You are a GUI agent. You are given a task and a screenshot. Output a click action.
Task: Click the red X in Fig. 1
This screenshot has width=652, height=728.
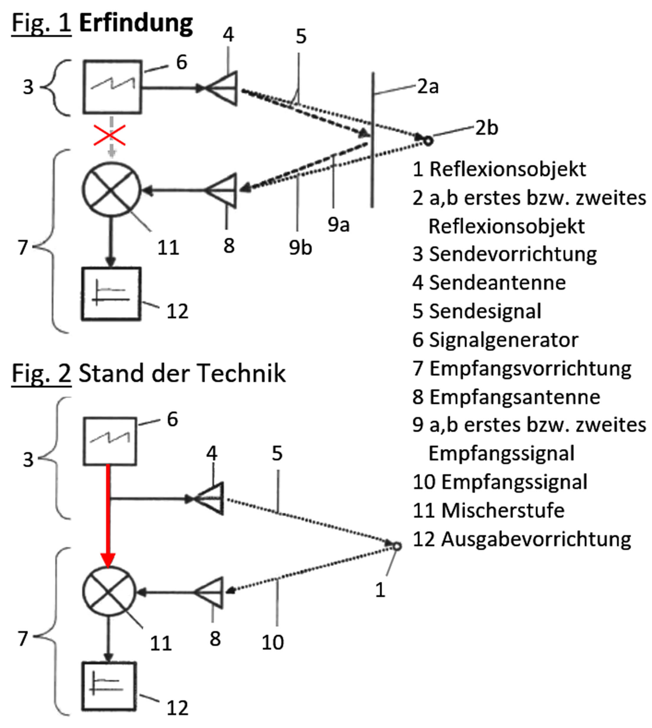pos(110,135)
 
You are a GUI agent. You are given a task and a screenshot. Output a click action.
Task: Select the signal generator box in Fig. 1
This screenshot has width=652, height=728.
pos(112,87)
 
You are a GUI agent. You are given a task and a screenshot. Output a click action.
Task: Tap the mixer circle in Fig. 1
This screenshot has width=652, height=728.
pos(112,190)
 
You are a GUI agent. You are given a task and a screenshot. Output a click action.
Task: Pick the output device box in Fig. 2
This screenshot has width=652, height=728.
pos(109,686)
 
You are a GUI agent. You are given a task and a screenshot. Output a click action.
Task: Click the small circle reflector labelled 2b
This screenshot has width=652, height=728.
pos(428,141)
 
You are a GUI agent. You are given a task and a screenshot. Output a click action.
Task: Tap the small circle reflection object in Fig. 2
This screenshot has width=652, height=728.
pos(397,546)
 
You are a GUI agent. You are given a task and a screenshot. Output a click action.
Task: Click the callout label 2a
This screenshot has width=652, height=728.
pos(428,87)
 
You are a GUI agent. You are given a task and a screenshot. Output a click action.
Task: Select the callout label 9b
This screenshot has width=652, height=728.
pos(300,247)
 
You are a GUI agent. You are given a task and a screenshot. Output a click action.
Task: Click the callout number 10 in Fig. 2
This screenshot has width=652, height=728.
pos(273,642)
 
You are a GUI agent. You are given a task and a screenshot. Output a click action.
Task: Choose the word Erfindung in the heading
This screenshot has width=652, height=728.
pos(136,24)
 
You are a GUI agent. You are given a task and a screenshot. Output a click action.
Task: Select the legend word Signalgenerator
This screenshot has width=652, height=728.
pos(503,340)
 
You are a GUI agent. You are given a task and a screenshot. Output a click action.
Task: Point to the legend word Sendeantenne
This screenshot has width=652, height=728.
pos(497,283)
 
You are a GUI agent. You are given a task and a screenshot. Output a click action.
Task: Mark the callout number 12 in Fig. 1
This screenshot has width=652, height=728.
pos(177,311)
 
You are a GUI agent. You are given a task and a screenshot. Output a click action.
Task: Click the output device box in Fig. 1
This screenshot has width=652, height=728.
pos(111,294)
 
